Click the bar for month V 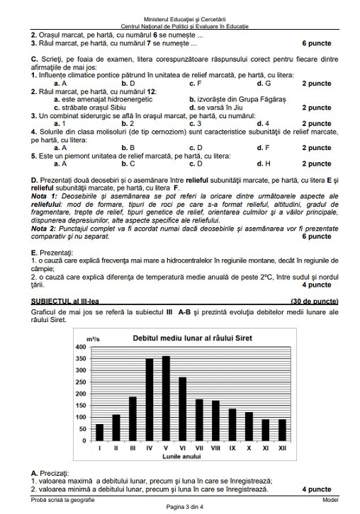[x=166, y=399]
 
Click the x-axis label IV [x=149, y=449]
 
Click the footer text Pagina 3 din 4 [x=180, y=508]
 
